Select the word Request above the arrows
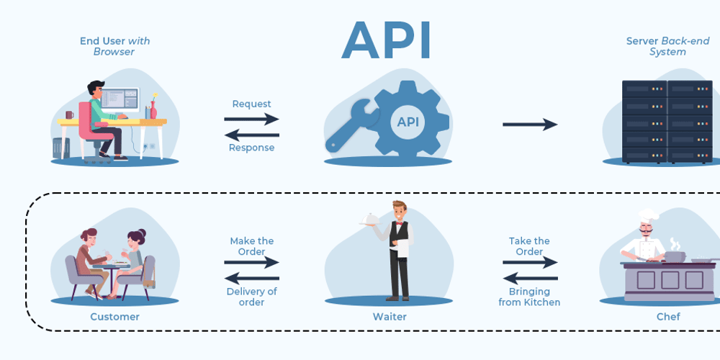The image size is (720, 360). point(251,104)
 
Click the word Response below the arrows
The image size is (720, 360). point(251,148)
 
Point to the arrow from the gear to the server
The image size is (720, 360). point(530,125)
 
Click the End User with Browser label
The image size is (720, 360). point(114,46)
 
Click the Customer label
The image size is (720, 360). point(114,317)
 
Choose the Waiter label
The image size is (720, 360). point(390,317)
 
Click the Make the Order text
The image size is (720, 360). point(251,246)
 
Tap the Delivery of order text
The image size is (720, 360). point(251,297)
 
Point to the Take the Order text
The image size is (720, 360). point(529,246)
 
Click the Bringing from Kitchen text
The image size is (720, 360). point(529,297)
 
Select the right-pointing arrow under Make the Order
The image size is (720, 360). point(251,264)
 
